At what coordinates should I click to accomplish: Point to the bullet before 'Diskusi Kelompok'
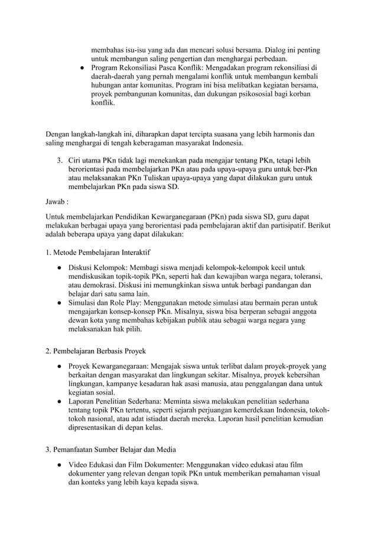tap(60, 268)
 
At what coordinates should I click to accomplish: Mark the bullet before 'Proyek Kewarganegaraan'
tap(60, 366)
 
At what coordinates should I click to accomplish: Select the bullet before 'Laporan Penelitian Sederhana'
tap(60, 401)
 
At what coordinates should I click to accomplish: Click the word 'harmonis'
tap(290, 134)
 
